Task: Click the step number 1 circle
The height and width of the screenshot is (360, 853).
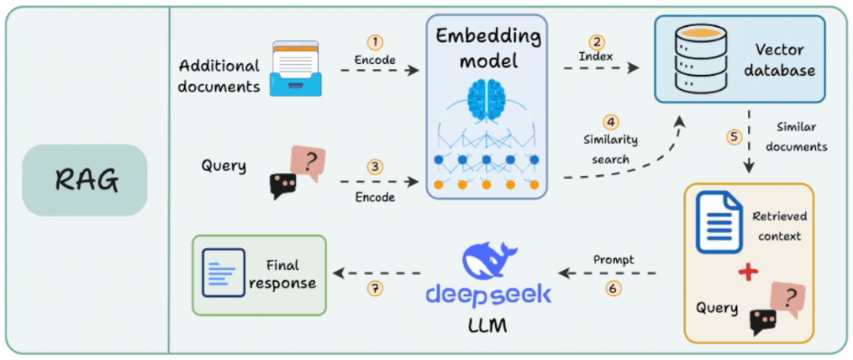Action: (x=375, y=43)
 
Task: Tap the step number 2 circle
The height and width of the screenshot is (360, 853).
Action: (x=597, y=42)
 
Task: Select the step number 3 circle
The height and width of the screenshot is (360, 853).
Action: (x=373, y=167)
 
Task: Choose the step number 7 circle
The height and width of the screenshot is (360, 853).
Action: (x=374, y=289)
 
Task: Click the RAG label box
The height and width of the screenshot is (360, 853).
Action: (x=85, y=180)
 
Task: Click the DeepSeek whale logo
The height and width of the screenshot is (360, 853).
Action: (x=485, y=261)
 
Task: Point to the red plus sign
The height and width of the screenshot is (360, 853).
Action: (x=748, y=273)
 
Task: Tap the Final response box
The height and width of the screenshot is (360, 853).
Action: (x=259, y=276)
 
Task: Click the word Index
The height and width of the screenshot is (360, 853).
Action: (x=597, y=57)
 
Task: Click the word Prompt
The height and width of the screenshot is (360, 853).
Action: (x=613, y=260)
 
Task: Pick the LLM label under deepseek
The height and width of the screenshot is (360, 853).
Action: (x=487, y=326)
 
